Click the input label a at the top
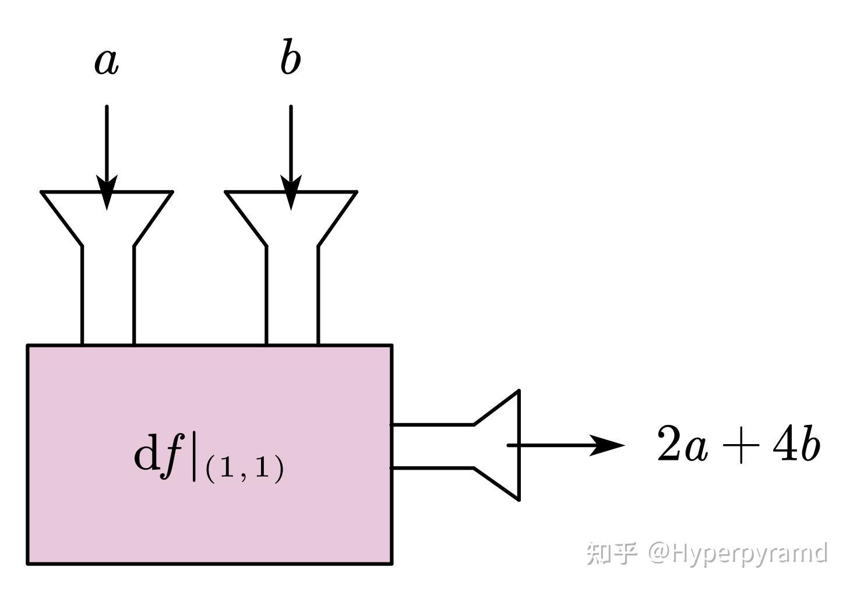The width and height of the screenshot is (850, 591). (107, 62)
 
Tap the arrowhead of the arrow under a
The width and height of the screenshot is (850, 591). (107, 192)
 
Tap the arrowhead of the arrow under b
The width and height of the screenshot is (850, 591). (291, 192)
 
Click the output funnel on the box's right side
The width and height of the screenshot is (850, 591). (519, 445)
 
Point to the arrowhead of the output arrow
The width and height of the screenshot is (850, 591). (607, 445)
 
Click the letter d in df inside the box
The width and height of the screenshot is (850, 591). (146, 452)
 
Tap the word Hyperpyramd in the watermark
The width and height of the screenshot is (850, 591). (750, 554)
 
